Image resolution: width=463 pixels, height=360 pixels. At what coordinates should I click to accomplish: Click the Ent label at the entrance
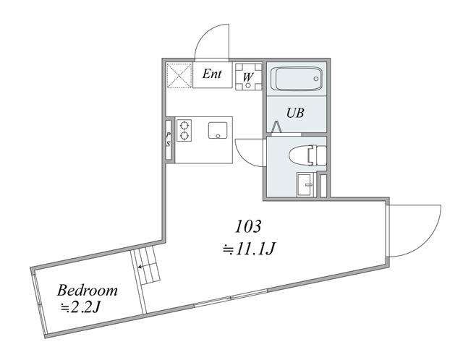coord(212,74)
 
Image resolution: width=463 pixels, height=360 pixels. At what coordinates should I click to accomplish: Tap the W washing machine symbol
coord(249,77)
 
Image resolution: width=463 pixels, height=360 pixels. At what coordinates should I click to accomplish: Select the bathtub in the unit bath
coord(296,79)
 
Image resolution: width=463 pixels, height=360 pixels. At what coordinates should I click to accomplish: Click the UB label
coord(295,113)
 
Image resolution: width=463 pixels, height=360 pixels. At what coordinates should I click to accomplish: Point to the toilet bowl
coord(307,155)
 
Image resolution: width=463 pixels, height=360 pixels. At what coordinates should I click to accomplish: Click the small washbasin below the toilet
coord(304,185)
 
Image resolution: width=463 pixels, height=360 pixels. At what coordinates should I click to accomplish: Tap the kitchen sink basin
coord(218,130)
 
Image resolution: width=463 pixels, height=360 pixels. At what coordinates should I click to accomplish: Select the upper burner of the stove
coord(184,125)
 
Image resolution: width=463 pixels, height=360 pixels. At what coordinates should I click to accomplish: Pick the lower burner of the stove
coord(184,136)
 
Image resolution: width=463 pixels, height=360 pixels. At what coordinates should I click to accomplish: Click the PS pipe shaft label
coord(169,140)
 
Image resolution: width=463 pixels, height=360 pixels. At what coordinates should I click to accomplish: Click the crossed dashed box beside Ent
coord(179,75)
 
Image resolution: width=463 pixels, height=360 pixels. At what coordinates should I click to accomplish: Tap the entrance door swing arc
coord(204,34)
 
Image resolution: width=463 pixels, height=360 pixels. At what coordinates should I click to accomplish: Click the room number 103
coord(248,226)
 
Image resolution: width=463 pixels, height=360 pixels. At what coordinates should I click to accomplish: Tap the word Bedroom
coord(87,291)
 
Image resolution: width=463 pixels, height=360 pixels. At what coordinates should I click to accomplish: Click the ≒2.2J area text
coord(81,308)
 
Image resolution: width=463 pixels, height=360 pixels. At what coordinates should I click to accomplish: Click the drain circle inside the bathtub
coord(316,79)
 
